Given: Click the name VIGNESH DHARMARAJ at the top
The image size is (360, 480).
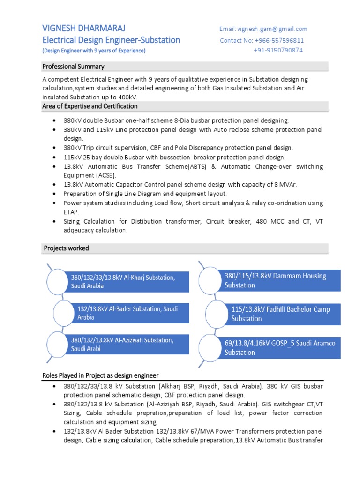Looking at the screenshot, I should point(84,28).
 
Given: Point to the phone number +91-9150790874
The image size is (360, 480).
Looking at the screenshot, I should point(278,50).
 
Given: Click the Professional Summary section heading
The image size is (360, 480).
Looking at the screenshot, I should point(73,66).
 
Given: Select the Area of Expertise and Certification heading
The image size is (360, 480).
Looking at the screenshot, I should point(90,106).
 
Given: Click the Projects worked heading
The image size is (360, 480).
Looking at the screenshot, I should point(66,248).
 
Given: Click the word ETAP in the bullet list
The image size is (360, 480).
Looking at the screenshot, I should point(72,212).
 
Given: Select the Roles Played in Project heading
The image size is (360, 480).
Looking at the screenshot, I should point(100,375).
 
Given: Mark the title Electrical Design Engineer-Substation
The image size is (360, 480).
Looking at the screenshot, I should point(111,40).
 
